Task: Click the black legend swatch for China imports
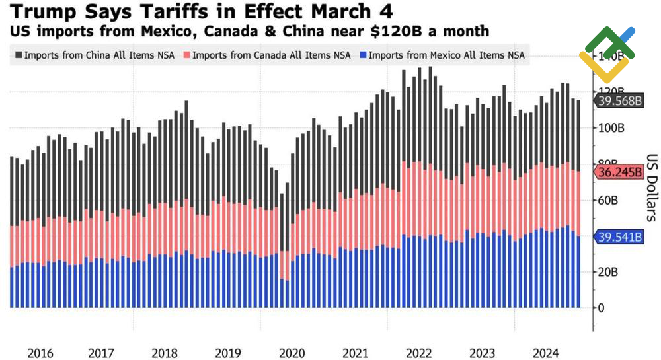coord(17,55)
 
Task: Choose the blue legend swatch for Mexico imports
coord(362,55)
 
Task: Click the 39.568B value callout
coord(619,101)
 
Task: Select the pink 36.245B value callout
coord(619,172)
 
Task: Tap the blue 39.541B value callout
coord(619,236)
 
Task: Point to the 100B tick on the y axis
coord(611,127)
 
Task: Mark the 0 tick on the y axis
coord(601,308)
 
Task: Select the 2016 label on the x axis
coord(41,353)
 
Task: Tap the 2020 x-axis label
coord(292,353)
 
